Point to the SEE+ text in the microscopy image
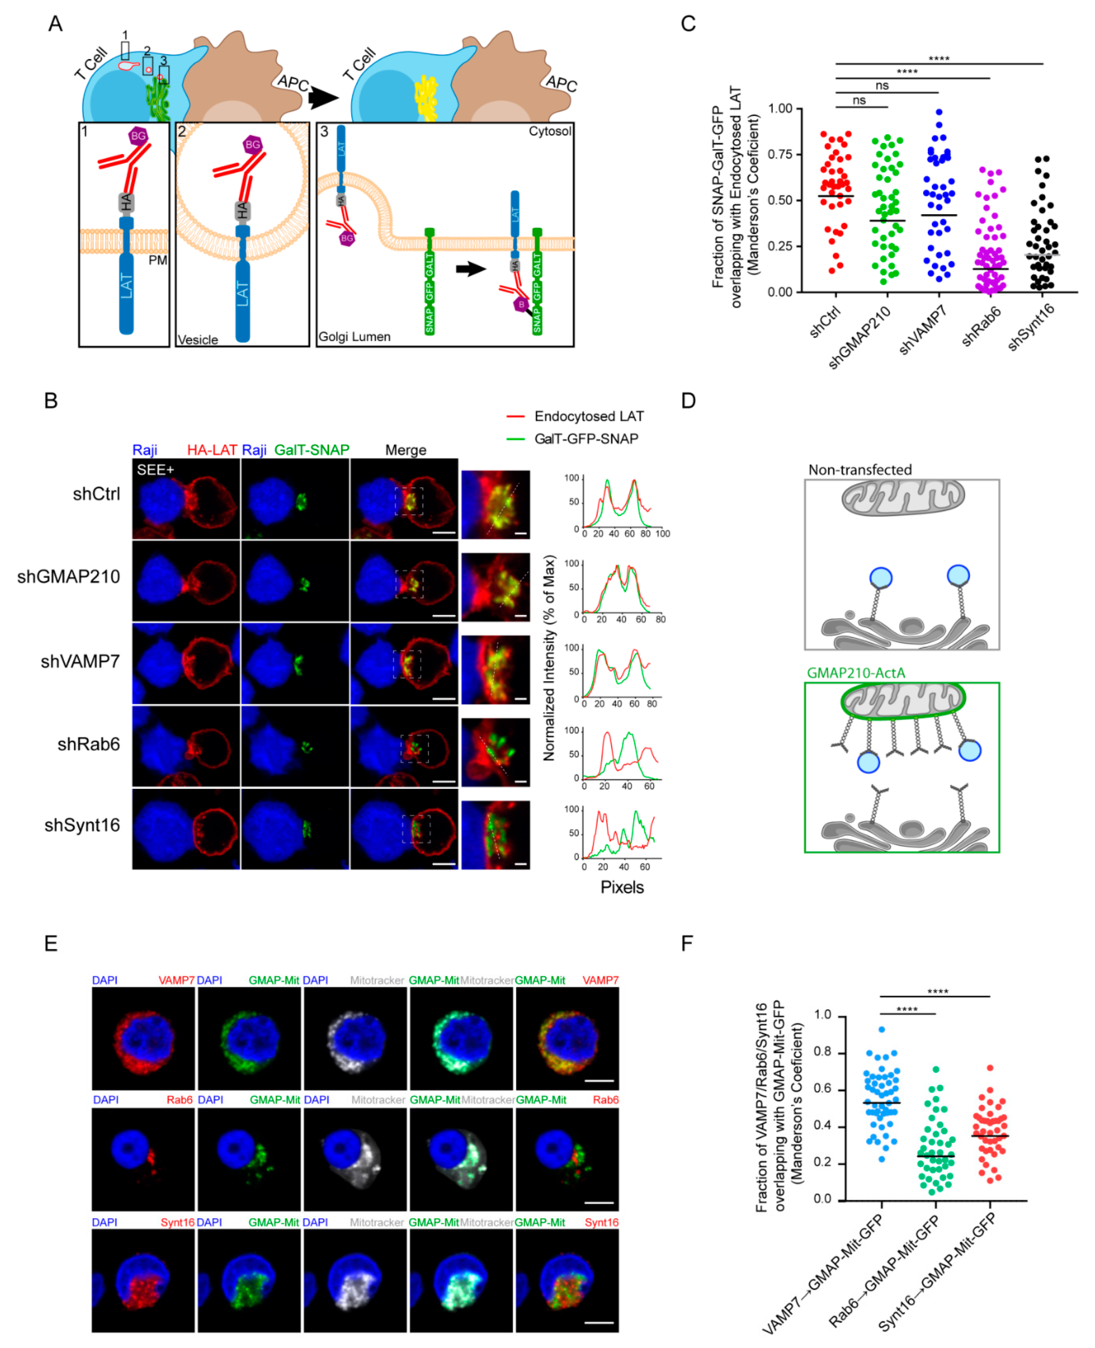coord(155,469)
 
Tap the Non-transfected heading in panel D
coord(860,469)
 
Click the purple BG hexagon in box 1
coord(138,136)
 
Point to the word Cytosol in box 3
coord(550,131)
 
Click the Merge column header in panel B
coord(406,450)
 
